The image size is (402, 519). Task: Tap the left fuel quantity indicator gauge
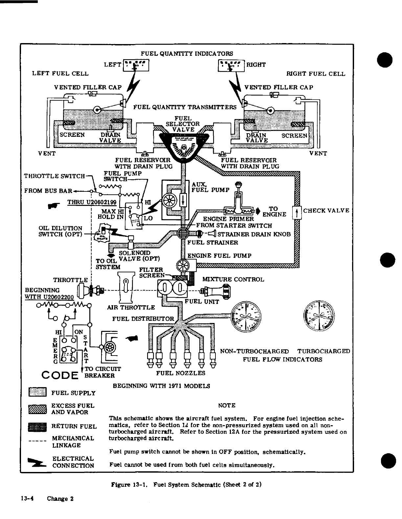tap(136, 65)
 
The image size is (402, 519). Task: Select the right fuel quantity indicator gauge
tap(231, 65)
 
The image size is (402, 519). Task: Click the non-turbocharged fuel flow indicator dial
tap(246, 315)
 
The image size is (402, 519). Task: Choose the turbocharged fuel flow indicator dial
tap(319, 315)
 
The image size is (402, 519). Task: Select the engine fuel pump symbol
tap(182, 265)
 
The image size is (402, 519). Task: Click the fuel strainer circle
tap(182, 234)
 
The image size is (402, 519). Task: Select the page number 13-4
tap(28, 499)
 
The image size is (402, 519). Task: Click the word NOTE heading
tap(227, 406)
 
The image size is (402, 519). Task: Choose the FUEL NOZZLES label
tap(180, 373)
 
